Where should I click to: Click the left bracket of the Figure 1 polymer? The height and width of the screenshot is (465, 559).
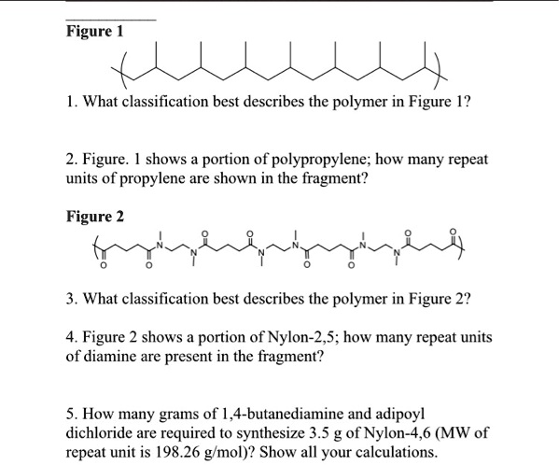[x=119, y=71]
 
